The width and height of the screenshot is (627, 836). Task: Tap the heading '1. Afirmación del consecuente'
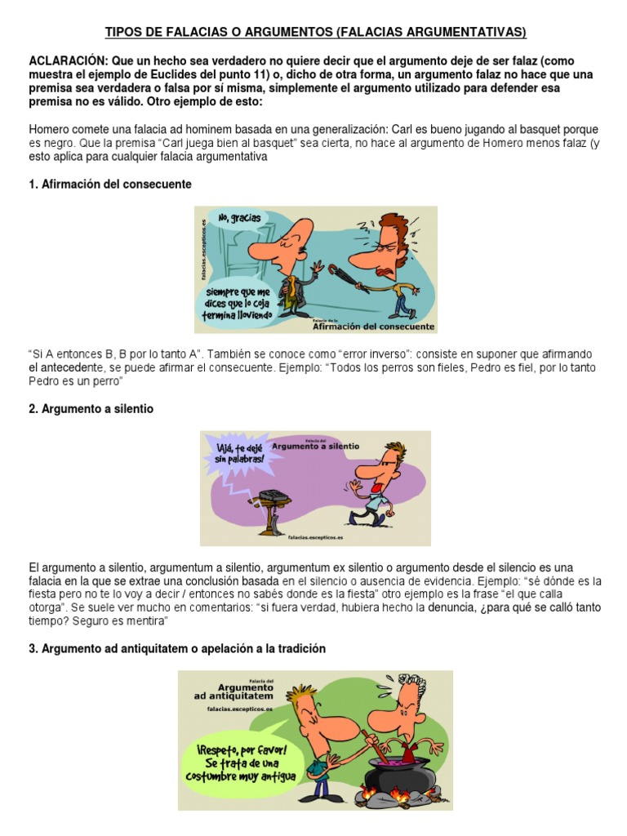(109, 185)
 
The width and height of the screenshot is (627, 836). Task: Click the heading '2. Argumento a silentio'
(91, 409)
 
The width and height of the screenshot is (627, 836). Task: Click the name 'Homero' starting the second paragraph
(50, 129)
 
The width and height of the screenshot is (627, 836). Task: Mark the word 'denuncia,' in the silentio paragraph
(452, 607)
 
